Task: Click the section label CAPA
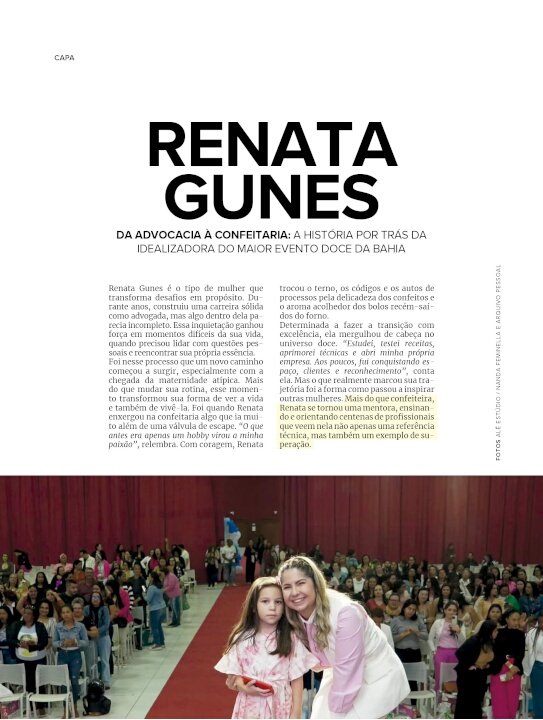click(x=64, y=57)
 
